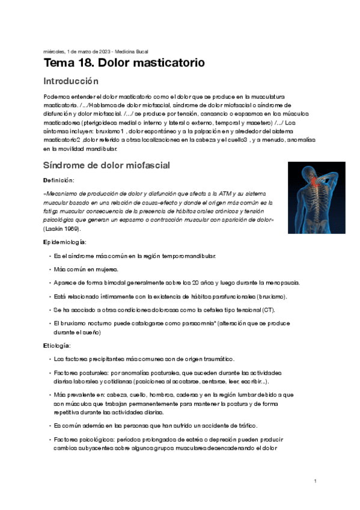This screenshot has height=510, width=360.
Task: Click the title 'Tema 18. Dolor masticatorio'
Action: click(124, 63)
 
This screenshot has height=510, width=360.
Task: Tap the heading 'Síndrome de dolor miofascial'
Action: click(106, 165)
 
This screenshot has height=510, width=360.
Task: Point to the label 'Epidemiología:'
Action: click(65, 242)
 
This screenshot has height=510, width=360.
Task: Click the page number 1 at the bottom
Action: click(315, 481)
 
